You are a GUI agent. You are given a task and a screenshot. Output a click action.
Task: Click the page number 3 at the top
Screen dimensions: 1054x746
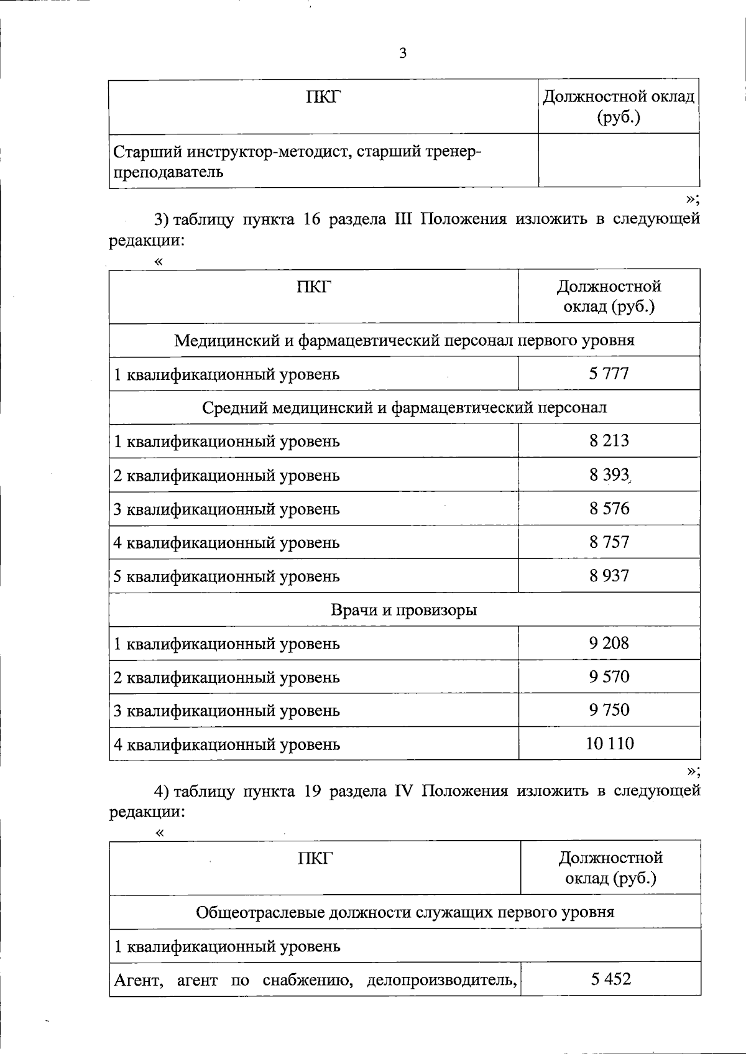tap(403, 54)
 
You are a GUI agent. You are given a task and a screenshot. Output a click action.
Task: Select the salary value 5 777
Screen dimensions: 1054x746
tap(609, 374)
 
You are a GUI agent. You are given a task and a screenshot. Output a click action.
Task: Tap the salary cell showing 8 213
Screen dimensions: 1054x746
tap(609, 441)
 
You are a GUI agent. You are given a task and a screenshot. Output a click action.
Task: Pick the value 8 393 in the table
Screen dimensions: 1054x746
tap(609, 475)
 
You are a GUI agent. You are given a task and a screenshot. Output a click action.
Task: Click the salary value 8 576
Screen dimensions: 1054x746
tap(609, 509)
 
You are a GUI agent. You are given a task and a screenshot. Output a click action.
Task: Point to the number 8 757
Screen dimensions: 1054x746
tap(609, 542)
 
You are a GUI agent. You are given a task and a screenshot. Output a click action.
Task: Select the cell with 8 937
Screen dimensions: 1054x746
tap(609, 576)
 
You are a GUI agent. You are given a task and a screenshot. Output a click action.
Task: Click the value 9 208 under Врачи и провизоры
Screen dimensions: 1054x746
tap(609, 643)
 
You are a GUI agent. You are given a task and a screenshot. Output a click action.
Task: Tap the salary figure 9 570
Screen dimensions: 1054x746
tap(609, 677)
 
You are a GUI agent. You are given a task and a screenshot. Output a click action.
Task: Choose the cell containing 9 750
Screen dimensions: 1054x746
tap(609, 710)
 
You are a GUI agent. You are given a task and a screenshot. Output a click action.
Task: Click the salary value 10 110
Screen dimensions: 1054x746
tap(609, 744)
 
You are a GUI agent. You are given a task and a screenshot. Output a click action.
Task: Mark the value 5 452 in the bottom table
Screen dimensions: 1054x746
tap(610, 979)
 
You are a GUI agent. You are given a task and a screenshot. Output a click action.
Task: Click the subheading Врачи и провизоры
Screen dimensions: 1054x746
tap(404, 610)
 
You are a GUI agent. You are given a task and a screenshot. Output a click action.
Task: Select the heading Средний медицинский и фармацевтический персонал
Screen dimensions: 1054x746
tap(404, 408)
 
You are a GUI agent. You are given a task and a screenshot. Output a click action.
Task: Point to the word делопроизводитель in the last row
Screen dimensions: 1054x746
tap(442, 981)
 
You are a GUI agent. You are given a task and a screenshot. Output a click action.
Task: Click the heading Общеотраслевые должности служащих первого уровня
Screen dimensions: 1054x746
tap(405, 912)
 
